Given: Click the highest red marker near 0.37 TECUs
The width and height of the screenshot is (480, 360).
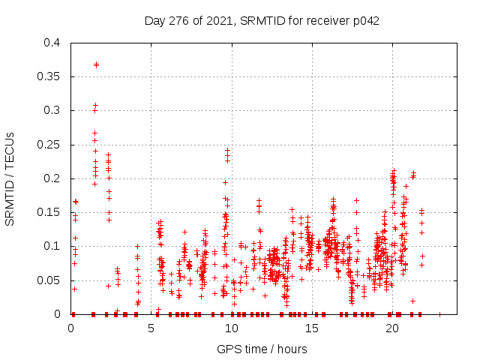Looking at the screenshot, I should pyautogui.click(x=96, y=64).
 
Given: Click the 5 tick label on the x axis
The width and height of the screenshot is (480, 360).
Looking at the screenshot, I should pyautogui.click(x=151, y=328).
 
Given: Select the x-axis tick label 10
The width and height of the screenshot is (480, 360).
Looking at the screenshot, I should pyautogui.click(x=231, y=328).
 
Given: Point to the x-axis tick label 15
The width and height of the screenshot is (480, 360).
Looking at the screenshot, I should pyautogui.click(x=311, y=328).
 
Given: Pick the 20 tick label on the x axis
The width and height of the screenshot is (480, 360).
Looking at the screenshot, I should pyautogui.click(x=391, y=328).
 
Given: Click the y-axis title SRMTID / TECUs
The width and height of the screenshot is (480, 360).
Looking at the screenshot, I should pyautogui.click(x=10, y=178).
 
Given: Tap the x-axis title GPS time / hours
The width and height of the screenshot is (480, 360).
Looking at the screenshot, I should pyautogui.click(x=262, y=349).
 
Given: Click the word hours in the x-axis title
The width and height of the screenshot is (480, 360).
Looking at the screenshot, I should pyautogui.click(x=292, y=349).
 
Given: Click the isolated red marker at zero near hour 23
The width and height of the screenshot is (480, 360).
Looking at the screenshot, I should pyautogui.click(x=439, y=314).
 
